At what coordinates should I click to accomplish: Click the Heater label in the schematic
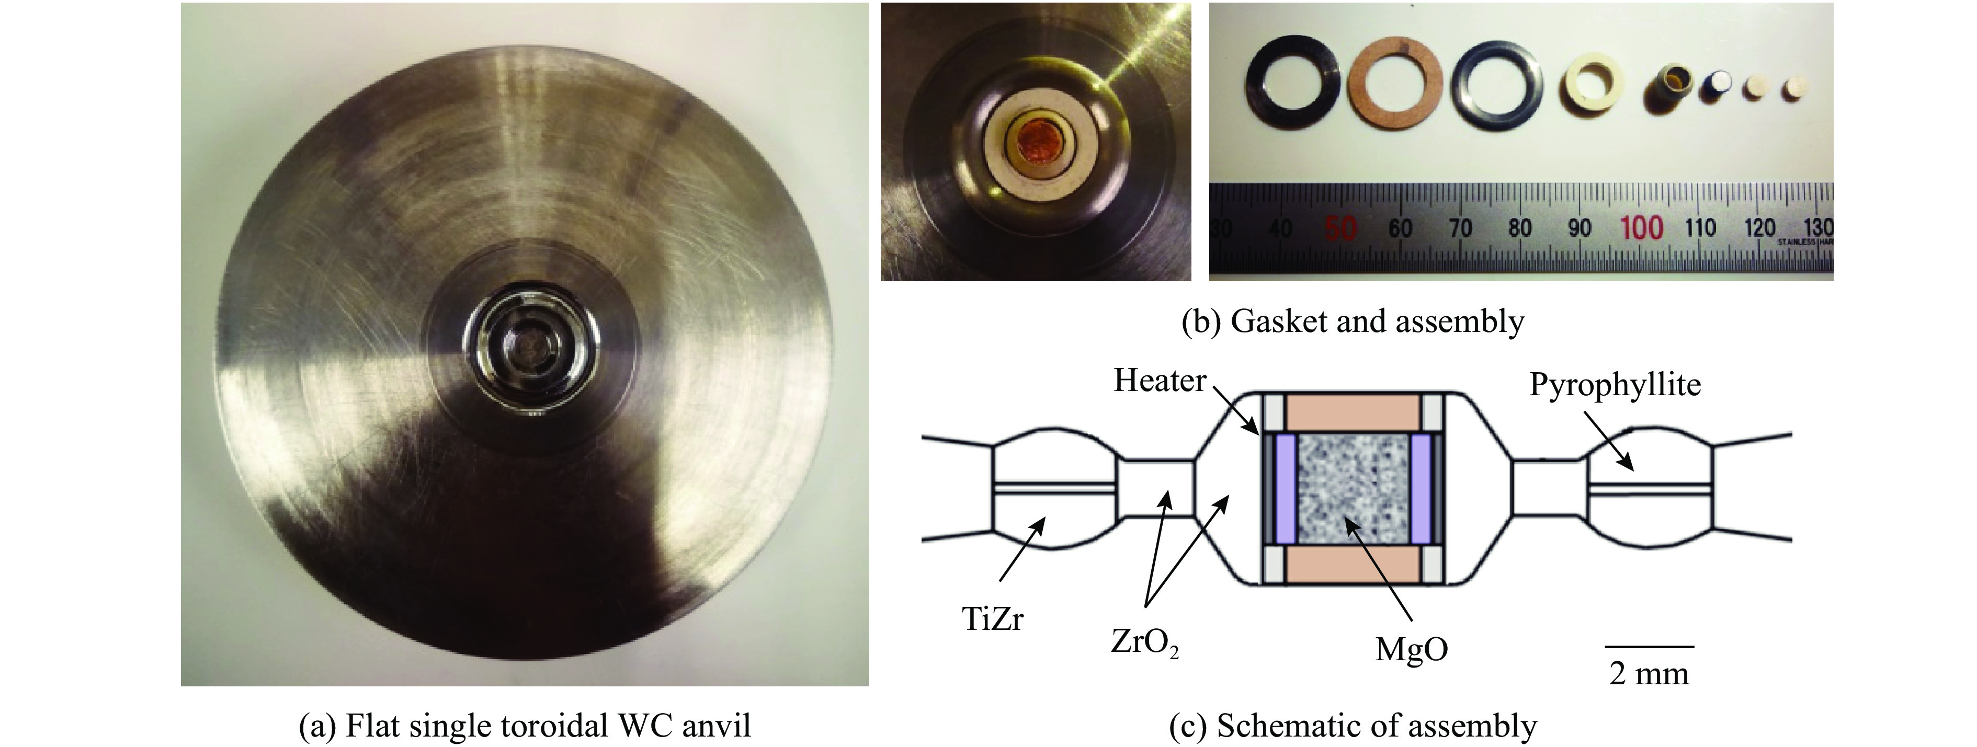[1160, 381]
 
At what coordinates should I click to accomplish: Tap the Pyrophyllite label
[1615, 384]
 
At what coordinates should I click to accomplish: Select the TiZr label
[992, 618]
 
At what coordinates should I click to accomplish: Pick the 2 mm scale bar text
[1649, 673]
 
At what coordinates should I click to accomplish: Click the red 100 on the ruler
[1642, 228]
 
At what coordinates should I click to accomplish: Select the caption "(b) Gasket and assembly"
[1353, 321]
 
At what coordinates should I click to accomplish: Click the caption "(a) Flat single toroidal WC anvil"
[525, 725]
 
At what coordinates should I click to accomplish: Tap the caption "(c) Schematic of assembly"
[1353, 725]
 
